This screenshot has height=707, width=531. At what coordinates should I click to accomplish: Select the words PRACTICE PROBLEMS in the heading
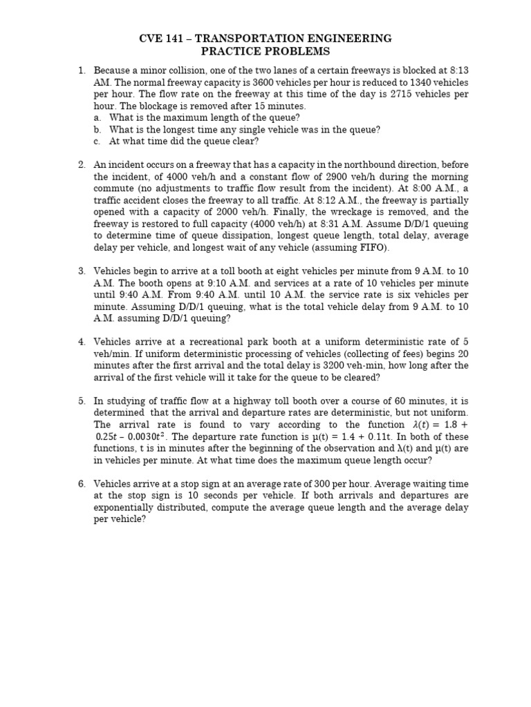pyautogui.click(x=265, y=52)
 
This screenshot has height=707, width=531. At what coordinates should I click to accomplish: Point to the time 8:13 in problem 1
pyautogui.click(x=457, y=71)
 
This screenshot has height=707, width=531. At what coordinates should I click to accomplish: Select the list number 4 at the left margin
pyautogui.click(x=82, y=342)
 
